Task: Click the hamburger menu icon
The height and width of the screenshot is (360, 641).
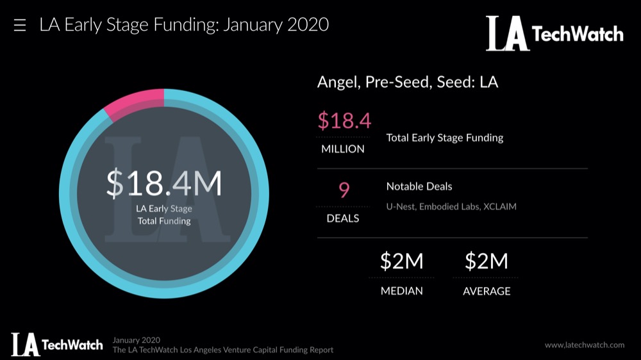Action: pos(20,26)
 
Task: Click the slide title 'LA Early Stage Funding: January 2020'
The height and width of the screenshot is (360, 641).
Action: pos(184,25)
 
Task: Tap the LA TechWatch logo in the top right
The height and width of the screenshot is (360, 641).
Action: pos(554,33)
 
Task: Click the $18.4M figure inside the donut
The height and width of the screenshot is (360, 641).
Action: pos(164,184)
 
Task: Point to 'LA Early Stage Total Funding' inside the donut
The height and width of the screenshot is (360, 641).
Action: pos(164,215)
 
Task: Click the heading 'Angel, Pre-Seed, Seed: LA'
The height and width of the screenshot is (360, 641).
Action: pos(408,83)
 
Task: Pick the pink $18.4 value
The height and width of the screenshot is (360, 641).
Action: pos(344,120)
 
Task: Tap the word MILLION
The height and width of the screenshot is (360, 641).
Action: pos(343,149)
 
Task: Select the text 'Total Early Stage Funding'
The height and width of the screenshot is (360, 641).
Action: pos(445,138)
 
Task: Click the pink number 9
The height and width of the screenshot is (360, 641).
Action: pos(344,190)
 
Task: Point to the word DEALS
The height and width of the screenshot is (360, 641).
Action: pos(343,218)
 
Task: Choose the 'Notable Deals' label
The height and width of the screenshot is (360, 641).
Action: pos(419,186)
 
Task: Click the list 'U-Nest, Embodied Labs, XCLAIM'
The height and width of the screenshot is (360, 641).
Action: pos(451,207)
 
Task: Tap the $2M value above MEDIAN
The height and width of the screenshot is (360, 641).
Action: pos(402,261)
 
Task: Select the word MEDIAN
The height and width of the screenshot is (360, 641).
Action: pos(402,291)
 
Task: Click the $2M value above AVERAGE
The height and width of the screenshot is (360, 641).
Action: pos(487,261)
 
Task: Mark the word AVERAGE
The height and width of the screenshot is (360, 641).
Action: pos(487,291)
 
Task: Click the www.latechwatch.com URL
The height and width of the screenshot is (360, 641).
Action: pos(585,345)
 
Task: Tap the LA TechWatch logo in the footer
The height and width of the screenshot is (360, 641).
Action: pos(57,345)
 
